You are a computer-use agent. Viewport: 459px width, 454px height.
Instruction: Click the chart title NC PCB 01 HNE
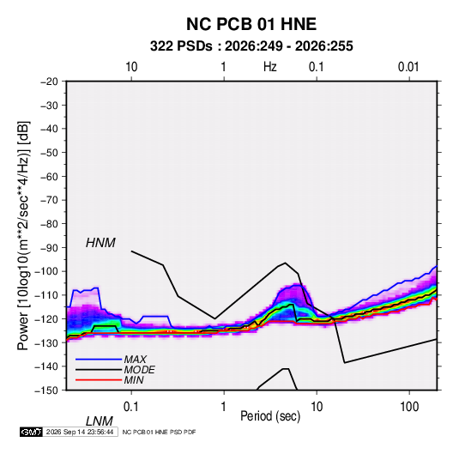click(x=251, y=24)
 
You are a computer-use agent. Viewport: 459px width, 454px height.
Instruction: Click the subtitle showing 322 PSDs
click(x=251, y=46)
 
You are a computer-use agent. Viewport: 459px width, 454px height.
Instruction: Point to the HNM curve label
click(x=100, y=243)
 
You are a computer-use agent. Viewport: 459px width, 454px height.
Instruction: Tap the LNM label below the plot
click(x=99, y=421)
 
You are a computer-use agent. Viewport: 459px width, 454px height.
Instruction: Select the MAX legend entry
click(x=135, y=360)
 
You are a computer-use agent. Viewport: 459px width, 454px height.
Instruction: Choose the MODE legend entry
click(x=139, y=370)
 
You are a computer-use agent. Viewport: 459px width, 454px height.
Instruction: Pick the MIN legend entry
click(x=134, y=380)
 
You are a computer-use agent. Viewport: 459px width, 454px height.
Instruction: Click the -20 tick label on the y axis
click(x=49, y=82)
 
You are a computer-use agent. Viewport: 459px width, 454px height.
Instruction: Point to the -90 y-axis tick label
click(x=49, y=248)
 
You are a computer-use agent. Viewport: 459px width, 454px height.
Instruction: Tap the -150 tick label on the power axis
click(x=46, y=390)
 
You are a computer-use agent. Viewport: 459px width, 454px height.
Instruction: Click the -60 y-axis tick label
click(x=49, y=176)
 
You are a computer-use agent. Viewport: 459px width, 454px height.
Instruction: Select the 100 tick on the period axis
click(x=409, y=407)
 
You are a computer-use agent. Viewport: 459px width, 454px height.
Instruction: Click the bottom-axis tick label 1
click(x=224, y=407)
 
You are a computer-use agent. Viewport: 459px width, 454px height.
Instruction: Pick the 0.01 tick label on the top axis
click(x=408, y=67)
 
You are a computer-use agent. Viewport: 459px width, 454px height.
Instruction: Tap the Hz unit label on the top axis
click(x=270, y=67)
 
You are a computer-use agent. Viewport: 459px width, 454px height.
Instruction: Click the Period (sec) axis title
click(x=270, y=416)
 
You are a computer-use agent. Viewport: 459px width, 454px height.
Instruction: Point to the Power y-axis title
click(x=23, y=235)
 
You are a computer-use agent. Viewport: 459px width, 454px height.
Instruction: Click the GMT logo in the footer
click(x=31, y=432)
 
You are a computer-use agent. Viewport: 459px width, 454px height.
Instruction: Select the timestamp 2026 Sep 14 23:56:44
click(x=80, y=432)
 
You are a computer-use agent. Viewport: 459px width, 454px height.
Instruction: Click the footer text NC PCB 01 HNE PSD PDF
click(x=159, y=432)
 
